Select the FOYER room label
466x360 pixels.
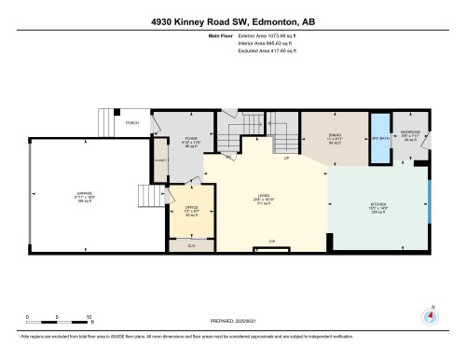pos(191,139)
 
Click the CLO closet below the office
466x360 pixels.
pos(191,244)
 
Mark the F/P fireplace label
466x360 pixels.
pos(272,242)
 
